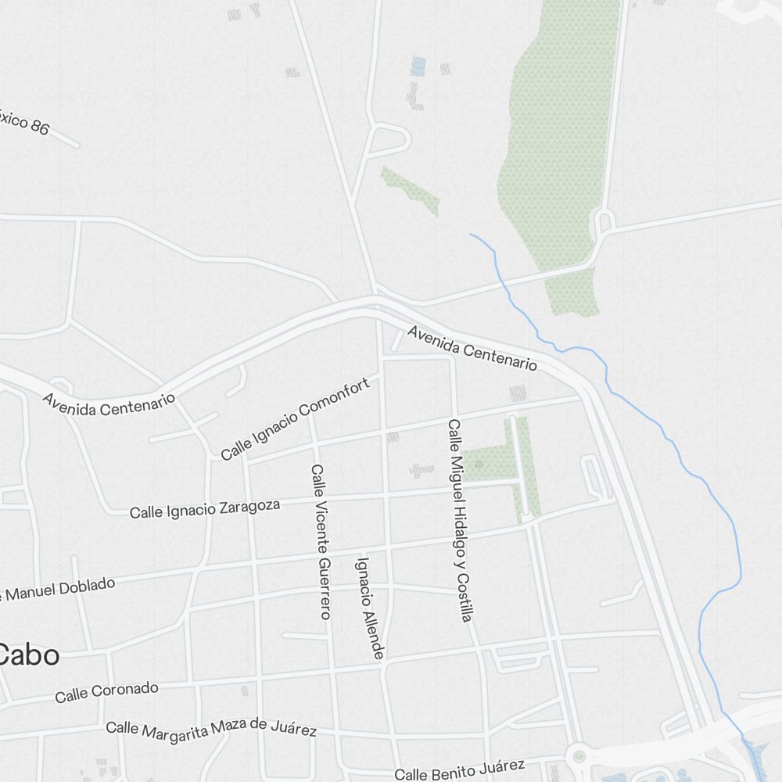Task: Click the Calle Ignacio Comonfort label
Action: coord(295,419)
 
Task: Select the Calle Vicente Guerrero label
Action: coord(321,542)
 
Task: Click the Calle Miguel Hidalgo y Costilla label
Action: coord(459,521)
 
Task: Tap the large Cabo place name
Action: coord(29,655)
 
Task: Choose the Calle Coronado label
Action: coord(106,692)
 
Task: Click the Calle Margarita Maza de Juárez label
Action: coord(211,729)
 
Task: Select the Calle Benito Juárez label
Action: coord(459,769)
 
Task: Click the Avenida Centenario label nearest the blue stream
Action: coord(472,349)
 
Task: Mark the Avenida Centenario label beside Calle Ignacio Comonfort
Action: coord(109,404)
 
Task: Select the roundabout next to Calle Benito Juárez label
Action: coord(579,756)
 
